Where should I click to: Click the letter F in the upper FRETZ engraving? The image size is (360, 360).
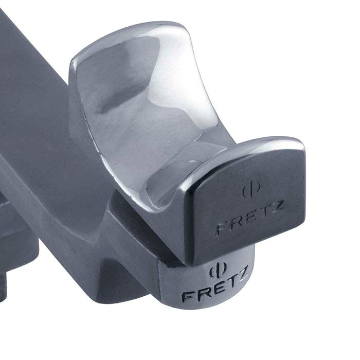pyautogui.click(x=221, y=228)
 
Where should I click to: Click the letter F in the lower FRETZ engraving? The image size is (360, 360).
pyautogui.click(x=187, y=297)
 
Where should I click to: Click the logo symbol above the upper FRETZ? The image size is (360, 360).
pyautogui.click(x=250, y=191)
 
